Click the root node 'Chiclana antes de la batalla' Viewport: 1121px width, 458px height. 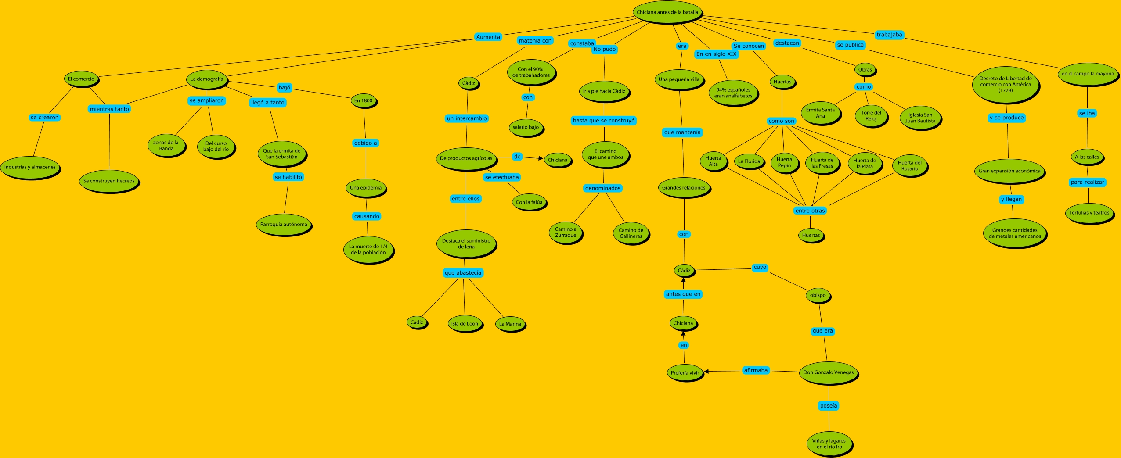(667, 12)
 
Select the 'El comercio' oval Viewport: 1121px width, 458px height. (81, 79)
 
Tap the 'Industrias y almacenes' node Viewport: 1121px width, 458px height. (30, 167)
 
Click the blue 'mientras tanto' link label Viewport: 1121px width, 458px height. (109, 109)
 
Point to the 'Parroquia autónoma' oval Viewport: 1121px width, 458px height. (284, 224)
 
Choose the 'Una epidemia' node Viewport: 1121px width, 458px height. (366, 188)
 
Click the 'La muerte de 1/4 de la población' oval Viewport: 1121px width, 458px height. (368, 250)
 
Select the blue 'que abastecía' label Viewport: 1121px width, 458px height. (463, 273)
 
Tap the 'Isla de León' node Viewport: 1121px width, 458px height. (465, 324)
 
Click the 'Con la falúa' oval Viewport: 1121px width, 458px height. (529, 202)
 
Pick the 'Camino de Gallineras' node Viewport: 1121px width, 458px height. (631, 233)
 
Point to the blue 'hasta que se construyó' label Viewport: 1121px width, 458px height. (604, 121)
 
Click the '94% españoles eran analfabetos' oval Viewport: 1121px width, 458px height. (733, 93)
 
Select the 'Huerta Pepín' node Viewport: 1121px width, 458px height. (784, 162)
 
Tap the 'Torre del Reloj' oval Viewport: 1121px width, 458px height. (871, 115)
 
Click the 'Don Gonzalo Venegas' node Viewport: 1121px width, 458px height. (829, 372)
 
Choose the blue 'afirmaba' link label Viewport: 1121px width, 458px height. (756, 370)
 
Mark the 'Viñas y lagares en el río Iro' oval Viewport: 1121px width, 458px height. (829, 444)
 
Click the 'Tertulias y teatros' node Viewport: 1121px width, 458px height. (1089, 213)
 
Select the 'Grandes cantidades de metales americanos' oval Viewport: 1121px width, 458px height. (1015, 233)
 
